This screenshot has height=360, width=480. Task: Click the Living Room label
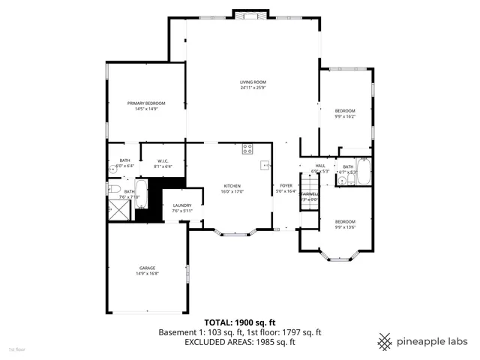click(253, 82)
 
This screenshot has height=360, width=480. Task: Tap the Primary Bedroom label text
click(145, 103)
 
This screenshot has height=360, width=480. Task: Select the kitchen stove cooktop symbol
click(247, 150)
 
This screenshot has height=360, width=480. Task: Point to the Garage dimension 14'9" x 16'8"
click(146, 273)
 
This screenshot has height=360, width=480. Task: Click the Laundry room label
click(182, 205)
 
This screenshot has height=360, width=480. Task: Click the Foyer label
click(286, 185)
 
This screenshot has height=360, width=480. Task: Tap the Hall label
click(319, 165)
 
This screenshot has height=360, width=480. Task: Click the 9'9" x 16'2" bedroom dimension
click(345, 116)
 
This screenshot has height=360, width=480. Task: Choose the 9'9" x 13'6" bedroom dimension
click(345, 227)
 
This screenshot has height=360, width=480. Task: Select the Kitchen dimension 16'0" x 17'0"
click(233, 191)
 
